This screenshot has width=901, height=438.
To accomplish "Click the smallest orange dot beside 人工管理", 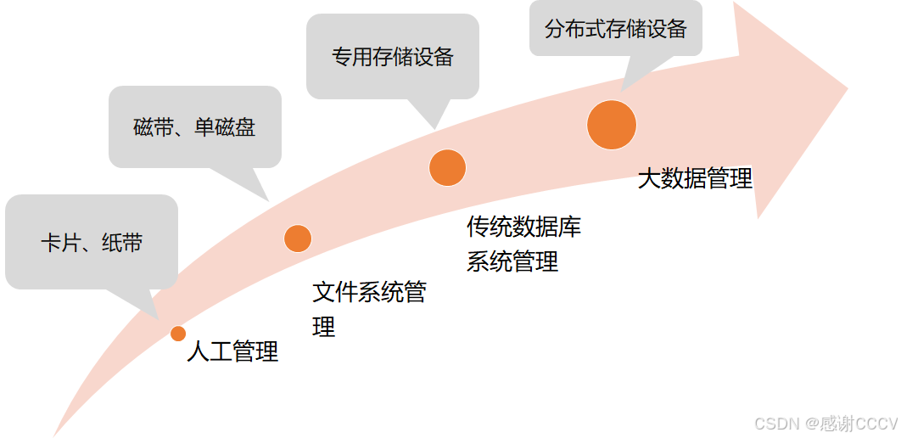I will tap(178, 334).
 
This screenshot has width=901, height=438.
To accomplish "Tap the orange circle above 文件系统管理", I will tap(298, 239).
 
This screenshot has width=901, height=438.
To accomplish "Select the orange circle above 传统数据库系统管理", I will tap(447, 167).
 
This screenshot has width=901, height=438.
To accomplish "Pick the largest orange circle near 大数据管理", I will tap(611, 125).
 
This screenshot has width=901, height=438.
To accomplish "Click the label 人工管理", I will tap(232, 351).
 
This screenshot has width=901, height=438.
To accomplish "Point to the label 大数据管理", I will tap(695, 179).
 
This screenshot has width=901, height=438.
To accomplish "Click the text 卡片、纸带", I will tap(92, 244).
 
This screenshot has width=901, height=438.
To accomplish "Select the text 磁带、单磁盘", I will tap(194, 127).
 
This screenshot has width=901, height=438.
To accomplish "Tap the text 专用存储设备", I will tap(393, 57).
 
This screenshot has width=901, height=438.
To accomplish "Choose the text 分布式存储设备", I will tap(616, 29).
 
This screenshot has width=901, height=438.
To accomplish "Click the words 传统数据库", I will tap(523, 227).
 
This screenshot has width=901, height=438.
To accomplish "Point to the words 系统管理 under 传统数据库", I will tap(512, 261).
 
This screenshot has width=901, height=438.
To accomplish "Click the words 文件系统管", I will tap(369, 293).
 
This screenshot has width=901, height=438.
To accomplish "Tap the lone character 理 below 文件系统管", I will tap(324, 327).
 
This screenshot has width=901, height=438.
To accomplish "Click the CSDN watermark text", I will tap(825, 423).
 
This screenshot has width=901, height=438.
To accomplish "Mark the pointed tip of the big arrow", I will tap(847, 87).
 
